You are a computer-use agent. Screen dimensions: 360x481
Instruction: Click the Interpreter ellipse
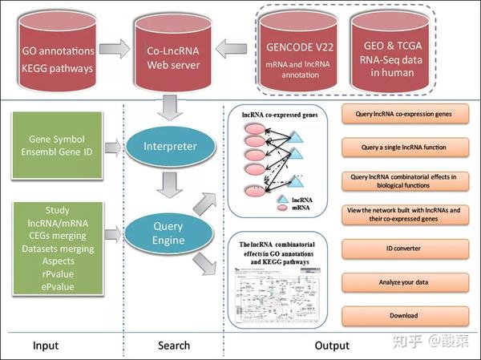coord(170,146)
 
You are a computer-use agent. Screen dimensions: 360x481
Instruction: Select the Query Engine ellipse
coord(169,233)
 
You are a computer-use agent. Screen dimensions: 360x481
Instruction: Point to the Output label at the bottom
coord(332,346)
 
